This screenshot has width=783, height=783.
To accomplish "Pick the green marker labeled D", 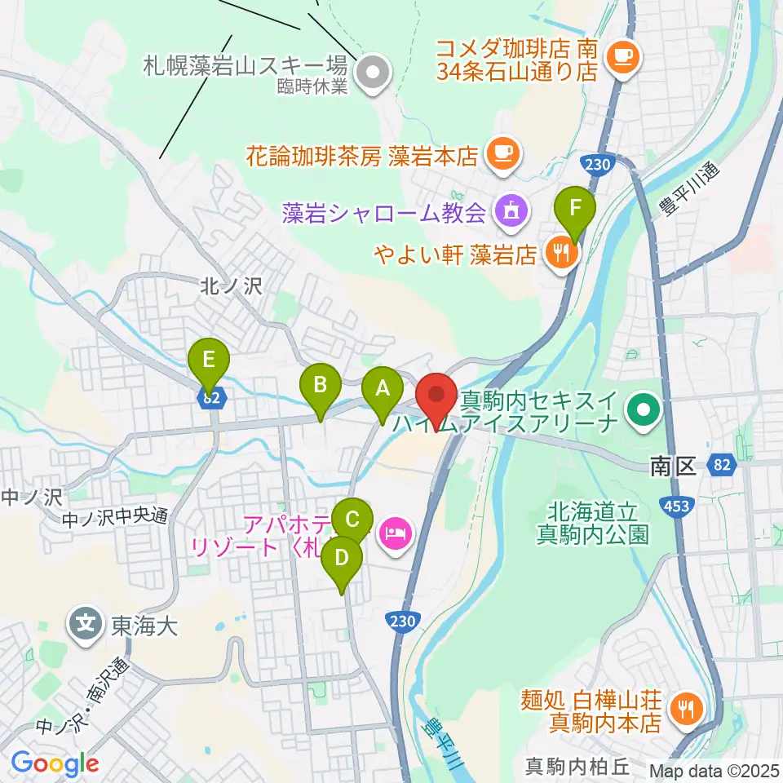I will click(342, 559).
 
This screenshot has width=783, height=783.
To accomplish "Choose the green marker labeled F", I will click(575, 208).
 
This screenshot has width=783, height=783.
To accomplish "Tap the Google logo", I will click(55, 764).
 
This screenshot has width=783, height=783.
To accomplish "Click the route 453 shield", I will click(679, 507).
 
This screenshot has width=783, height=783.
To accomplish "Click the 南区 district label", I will click(671, 467).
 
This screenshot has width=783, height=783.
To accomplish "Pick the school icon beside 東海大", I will click(86, 626).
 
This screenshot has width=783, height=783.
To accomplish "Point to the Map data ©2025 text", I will click(713, 770).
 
